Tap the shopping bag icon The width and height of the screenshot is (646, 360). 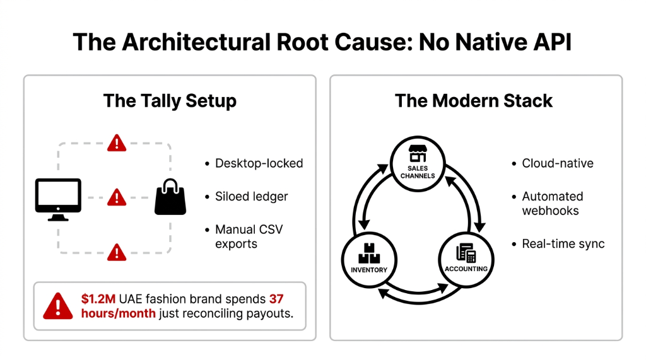click(170, 197)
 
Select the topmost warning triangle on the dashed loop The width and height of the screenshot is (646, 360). click(116, 143)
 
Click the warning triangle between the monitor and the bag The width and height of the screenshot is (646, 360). click(116, 197)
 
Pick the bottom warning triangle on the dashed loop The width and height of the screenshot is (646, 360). click(116, 252)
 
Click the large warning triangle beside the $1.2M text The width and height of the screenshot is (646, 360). click(59, 306)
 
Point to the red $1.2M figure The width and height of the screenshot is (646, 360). click(98, 299)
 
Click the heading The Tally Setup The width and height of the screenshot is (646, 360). click(170, 101)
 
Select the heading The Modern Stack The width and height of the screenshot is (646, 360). click(474, 101)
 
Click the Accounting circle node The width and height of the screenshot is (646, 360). click(466, 258)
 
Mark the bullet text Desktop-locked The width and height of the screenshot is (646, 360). click(259, 163)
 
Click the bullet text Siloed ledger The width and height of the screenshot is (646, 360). click(251, 197)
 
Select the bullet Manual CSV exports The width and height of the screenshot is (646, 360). click(249, 236)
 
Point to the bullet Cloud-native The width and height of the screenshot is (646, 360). click(557, 163)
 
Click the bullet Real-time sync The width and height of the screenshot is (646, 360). click(563, 244)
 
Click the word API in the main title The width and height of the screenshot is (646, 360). click(547, 42)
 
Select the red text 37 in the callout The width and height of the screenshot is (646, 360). click(276, 299)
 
